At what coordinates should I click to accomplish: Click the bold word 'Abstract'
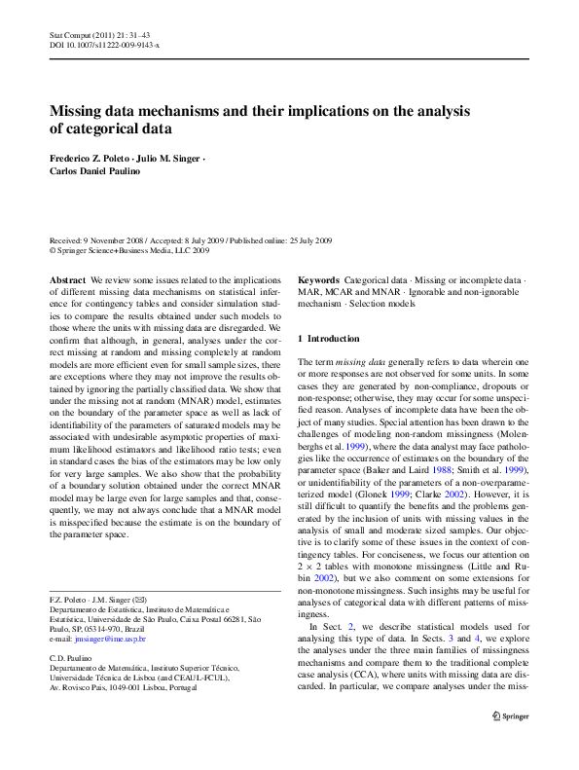click(68, 279)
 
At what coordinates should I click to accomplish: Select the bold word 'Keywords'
click(318, 279)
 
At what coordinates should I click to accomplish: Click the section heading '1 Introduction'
click(328, 339)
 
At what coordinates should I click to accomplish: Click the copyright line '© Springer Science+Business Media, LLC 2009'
click(128, 250)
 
